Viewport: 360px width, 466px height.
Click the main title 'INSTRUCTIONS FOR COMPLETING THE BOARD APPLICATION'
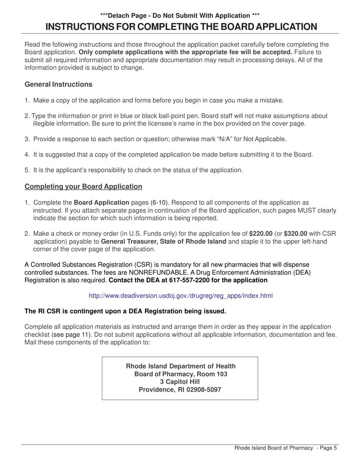(x=181, y=27)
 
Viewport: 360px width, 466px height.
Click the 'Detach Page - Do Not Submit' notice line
(x=180, y=16)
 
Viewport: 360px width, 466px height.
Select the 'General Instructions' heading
(x=58, y=84)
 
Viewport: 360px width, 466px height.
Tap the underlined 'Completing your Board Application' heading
(x=83, y=186)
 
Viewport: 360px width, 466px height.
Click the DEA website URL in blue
(x=180, y=296)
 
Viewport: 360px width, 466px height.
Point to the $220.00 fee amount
(x=261, y=233)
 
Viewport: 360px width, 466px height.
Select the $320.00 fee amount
(x=296, y=233)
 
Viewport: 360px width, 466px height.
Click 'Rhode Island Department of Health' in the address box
(x=180, y=366)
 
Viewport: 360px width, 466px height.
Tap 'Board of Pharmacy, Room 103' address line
(x=181, y=374)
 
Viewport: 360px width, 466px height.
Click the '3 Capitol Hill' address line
(x=180, y=382)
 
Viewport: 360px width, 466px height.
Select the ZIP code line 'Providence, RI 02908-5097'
(x=180, y=389)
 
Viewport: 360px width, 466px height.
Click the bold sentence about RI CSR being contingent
(x=125, y=311)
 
